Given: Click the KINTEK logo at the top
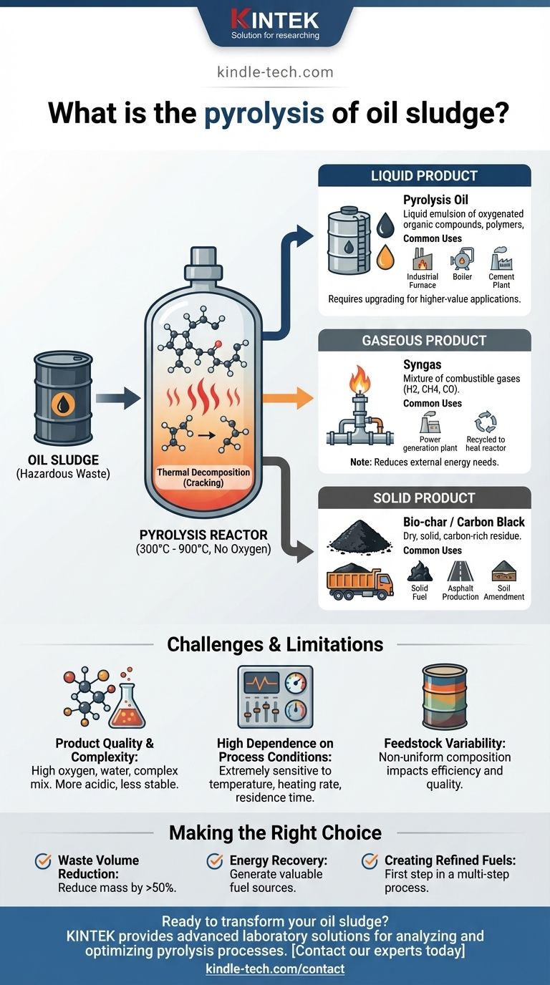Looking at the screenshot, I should click(x=275, y=23).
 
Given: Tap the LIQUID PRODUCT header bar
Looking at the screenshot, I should click(x=425, y=176).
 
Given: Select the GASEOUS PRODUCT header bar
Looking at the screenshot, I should click(x=425, y=341).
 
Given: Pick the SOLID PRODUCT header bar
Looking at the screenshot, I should click(x=425, y=498).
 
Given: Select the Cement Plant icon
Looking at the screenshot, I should click(x=501, y=259).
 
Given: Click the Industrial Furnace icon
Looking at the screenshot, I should click(x=422, y=259).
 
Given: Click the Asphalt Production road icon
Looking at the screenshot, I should click(x=460, y=571).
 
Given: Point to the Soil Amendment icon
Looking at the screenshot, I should click(x=503, y=571).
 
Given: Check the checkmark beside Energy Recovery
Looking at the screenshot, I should click(x=215, y=861).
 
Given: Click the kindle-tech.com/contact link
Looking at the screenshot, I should click(x=275, y=969).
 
